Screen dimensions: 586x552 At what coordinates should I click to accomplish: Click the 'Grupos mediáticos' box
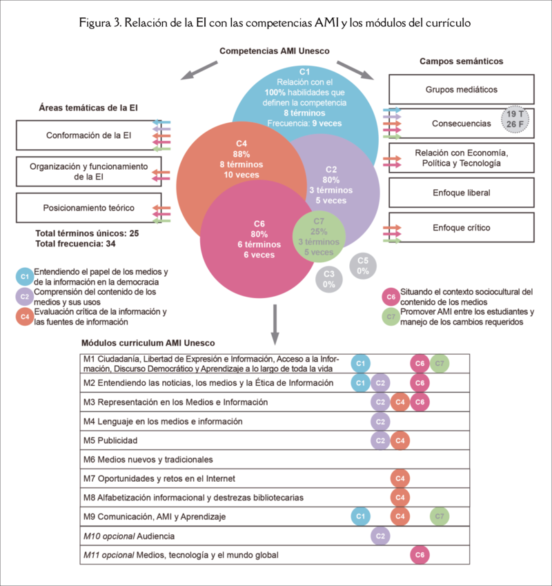pos(461,89)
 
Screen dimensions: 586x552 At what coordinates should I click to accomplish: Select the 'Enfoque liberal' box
pos(461,193)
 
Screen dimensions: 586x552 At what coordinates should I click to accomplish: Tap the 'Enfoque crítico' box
pos(461,227)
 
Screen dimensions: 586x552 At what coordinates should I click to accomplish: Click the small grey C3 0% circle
pos(329,278)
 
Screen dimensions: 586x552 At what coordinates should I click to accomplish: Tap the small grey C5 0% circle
pos(363,266)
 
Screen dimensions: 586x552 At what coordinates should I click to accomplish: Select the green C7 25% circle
pos(319,237)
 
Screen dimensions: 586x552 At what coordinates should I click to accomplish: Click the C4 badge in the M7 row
pos(399,478)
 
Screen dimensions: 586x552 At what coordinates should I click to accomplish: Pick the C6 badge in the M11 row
pos(420,554)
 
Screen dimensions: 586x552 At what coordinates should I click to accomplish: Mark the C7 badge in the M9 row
pos(440,516)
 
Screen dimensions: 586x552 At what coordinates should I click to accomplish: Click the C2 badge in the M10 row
pos(379,535)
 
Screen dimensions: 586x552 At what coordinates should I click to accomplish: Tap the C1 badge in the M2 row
pos(359,382)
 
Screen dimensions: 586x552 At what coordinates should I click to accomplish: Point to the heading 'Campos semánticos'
pos(461,61)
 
